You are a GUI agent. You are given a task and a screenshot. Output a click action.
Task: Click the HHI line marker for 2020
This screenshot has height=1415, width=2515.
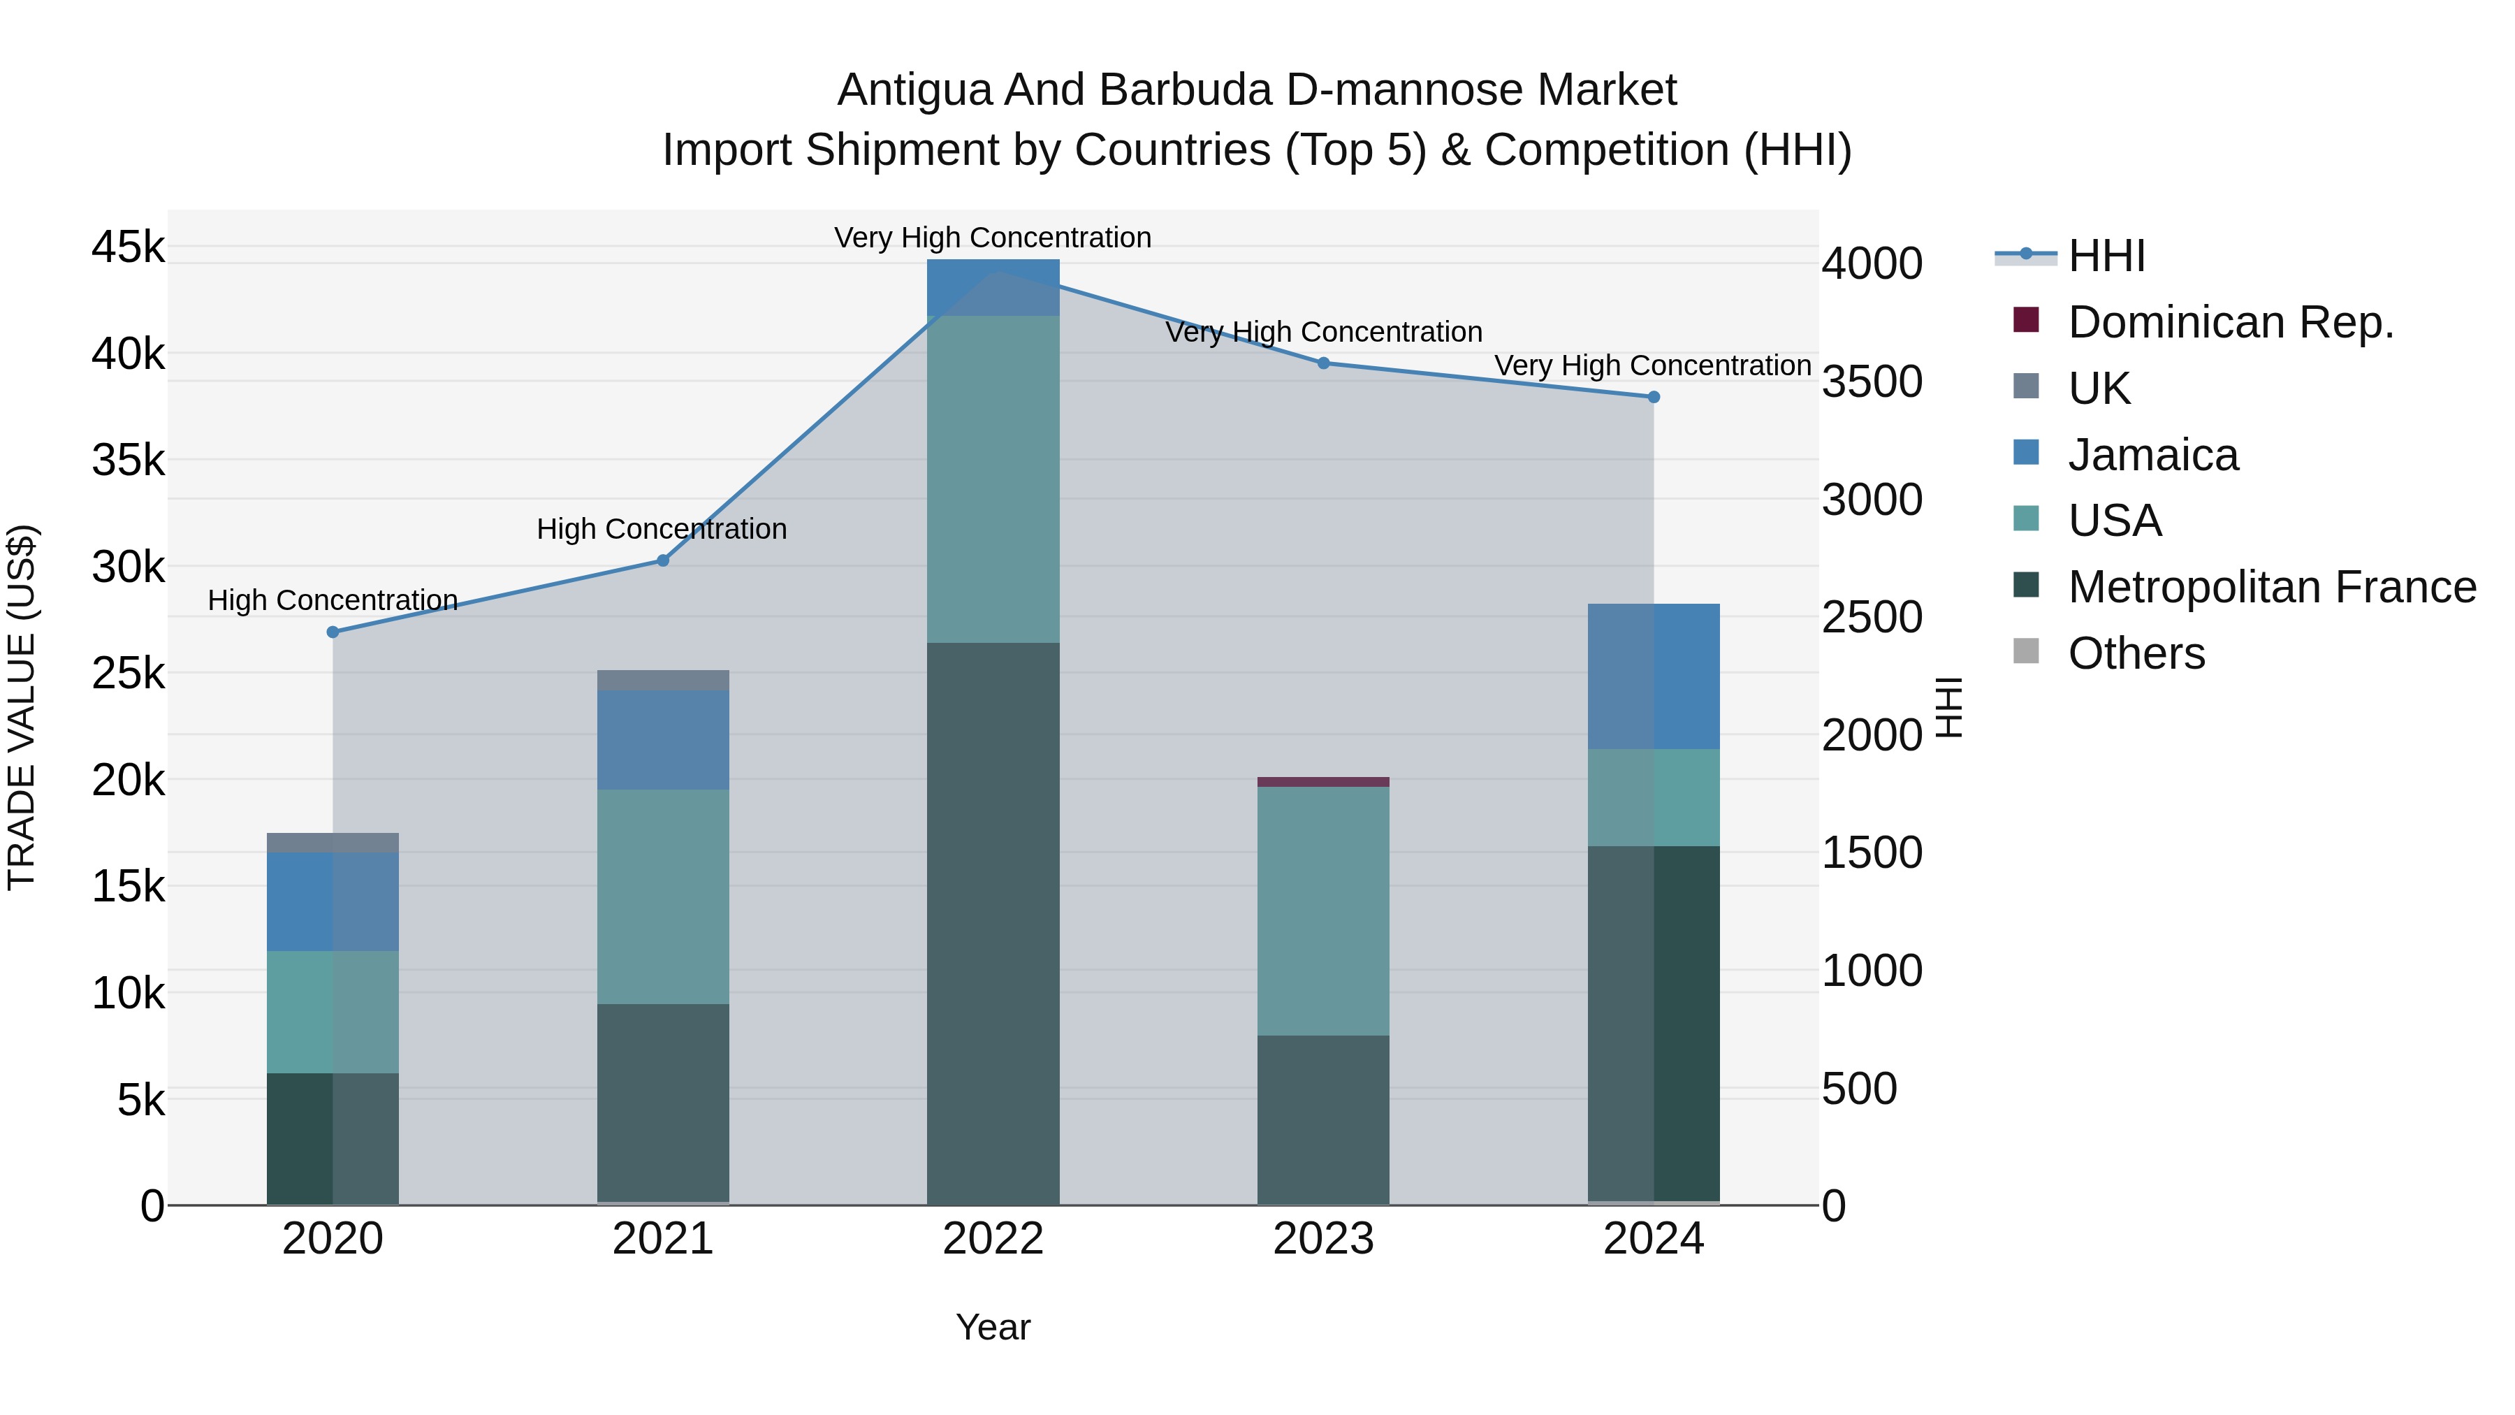(x=333, y=632)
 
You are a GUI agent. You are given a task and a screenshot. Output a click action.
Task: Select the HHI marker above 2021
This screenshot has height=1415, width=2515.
(x=663, y=560)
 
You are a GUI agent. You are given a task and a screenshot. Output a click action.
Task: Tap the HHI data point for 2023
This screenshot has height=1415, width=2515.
(x=1324, y=363)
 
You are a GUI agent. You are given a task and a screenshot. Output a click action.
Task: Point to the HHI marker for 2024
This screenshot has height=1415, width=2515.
(x=1654, y=398)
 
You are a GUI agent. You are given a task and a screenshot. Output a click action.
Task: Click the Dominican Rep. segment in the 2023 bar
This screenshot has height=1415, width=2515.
(x=1323, y=782)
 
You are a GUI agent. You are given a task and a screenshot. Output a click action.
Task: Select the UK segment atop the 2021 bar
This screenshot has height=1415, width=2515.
(x=663, y=681)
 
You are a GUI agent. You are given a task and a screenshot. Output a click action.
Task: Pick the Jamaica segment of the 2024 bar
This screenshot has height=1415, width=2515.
(x=1654, y=676)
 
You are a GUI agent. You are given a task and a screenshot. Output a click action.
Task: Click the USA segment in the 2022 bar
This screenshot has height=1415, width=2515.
(x=993, y=479)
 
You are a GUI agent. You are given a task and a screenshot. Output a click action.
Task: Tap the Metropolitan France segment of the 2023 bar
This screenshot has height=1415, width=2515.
(x=1323, y=1119)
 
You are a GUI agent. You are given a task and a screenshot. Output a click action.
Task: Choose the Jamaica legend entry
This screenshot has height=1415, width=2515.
(x=2153, y=455)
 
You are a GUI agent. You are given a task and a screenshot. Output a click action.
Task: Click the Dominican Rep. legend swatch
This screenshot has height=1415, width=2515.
(x=2026, y=320)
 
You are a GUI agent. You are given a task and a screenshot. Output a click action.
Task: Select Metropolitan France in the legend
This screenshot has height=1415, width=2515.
(x=2272, y=587)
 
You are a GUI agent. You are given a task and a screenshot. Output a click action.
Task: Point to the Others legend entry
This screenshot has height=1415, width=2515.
(x=2136, y=653)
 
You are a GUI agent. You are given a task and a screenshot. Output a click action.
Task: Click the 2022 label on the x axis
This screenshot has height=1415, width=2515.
(x=993, y=1239)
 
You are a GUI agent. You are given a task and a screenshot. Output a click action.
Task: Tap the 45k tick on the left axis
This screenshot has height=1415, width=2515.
(x=128, y=247)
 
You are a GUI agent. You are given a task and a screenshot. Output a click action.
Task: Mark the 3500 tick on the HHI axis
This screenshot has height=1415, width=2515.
(x=1872, y=382)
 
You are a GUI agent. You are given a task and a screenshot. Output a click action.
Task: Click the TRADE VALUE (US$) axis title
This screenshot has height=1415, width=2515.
(x=22, y=707)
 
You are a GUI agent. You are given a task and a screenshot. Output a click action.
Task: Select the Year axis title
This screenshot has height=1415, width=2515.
(x=993, y=1327)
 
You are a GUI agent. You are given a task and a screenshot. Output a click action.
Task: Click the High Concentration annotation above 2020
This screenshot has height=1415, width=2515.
(x=333, y=600)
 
